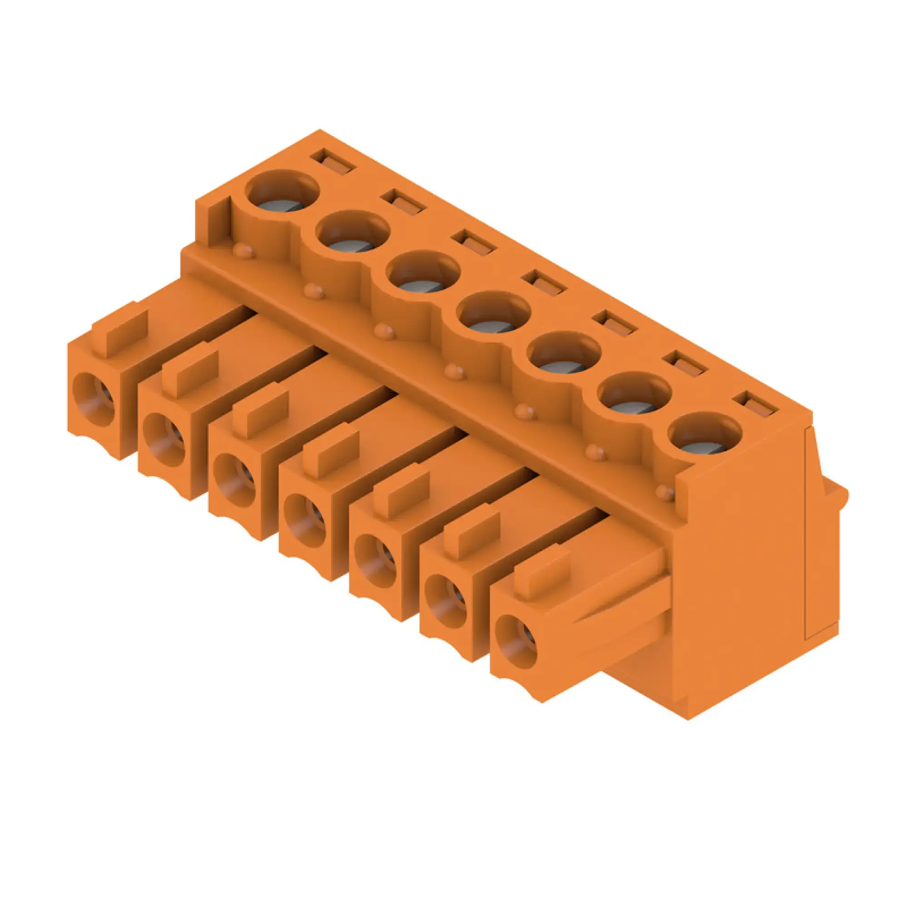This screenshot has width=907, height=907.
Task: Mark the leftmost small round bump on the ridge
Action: tap(244, 252)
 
